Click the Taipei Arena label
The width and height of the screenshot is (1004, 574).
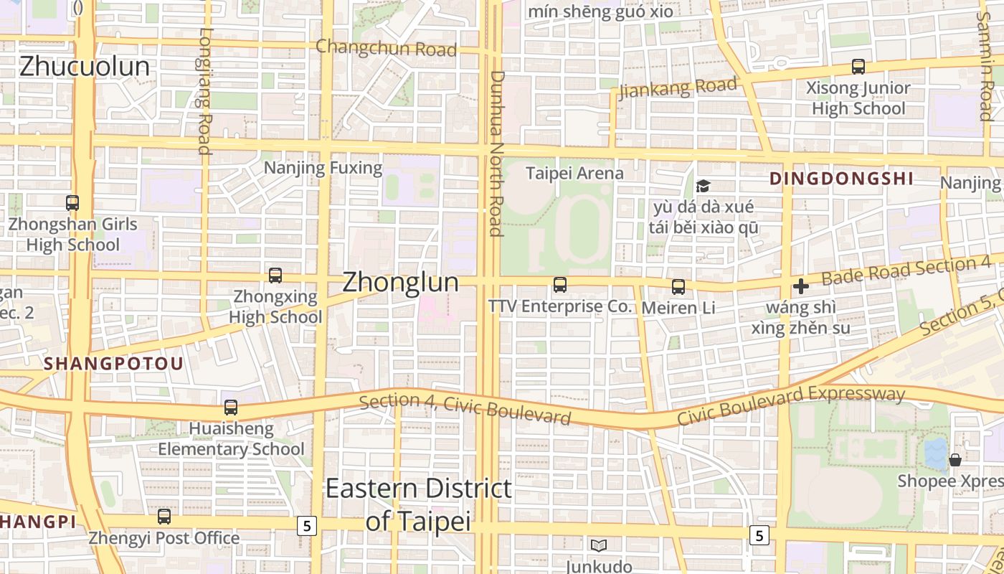[x=574, y=173]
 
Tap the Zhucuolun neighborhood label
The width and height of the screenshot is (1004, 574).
[x=85, y=67]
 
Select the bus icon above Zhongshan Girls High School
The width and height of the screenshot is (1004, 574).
[x=72, y=203]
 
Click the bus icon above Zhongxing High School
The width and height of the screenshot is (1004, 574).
[x=275, y=276]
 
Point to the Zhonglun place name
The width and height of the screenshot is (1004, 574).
[x=400, y=282]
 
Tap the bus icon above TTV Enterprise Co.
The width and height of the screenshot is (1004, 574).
[x=560, y=285]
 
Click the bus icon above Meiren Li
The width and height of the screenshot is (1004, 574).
[x=678, y=287]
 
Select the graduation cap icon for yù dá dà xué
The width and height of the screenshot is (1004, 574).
[x=703, y=187]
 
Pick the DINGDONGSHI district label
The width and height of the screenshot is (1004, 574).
[x=841, y=179]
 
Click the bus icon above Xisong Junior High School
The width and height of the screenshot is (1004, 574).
[x=858, y=67]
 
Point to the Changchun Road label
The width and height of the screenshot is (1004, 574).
[x=386, y=48]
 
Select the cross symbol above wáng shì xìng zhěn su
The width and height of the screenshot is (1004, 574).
[x=801, y=286]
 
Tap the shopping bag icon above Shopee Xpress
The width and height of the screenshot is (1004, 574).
[x=955, y=459]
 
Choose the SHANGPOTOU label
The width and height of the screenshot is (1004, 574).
[x=113, y=364]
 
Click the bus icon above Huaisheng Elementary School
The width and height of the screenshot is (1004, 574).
[x=231, y=408]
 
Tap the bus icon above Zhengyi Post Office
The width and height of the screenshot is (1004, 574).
[x=164, y=517]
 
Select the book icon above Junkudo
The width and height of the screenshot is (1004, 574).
[x=599, y=545]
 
